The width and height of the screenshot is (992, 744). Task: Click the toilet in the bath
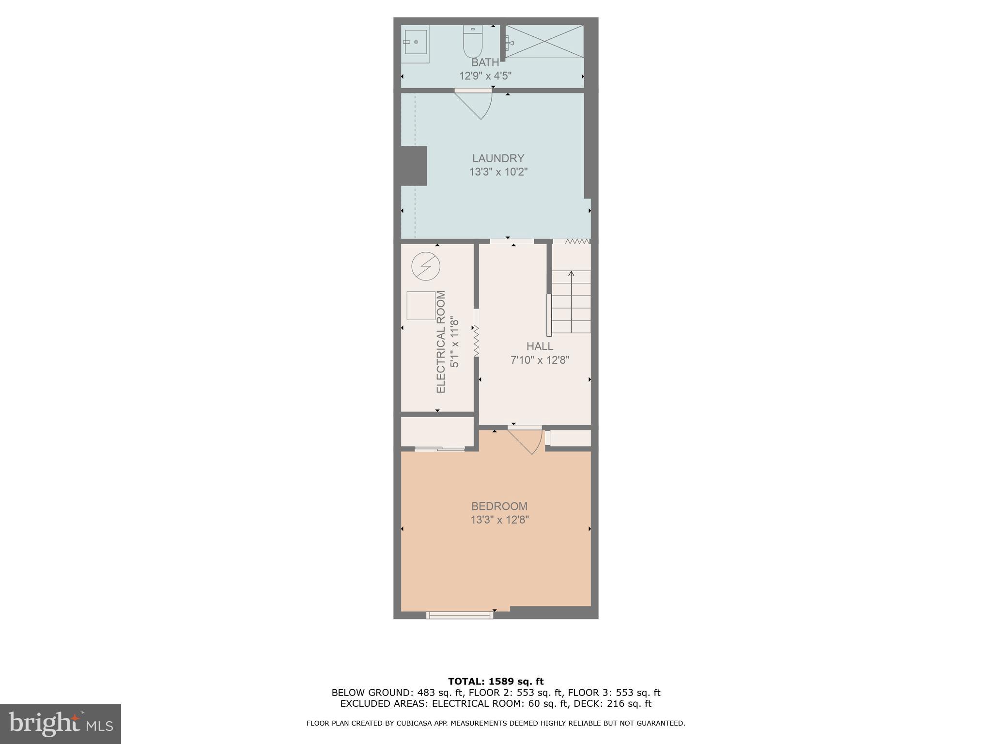point(473,43)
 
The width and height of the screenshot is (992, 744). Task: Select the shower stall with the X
point(544,42)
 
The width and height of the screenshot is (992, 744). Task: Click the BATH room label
point(485,62)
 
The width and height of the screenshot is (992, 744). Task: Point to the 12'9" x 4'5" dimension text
point(485,76)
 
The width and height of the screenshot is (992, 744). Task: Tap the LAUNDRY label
point(498,158)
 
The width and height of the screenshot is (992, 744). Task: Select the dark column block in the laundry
point(414,166)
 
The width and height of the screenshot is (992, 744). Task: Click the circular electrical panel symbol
point(425,266)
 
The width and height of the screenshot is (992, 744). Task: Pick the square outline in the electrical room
point(420,306)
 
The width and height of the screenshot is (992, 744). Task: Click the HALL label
point(540,346)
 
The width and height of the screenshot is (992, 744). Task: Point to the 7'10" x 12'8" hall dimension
point(540,360)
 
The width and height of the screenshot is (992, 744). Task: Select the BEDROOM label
point(499,506)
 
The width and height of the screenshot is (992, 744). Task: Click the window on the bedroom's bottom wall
point(459,615)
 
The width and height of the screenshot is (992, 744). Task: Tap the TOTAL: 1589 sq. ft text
point(496,682)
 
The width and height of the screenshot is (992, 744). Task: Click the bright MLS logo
point(61,724)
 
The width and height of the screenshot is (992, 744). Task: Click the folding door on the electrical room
point(476,341)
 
